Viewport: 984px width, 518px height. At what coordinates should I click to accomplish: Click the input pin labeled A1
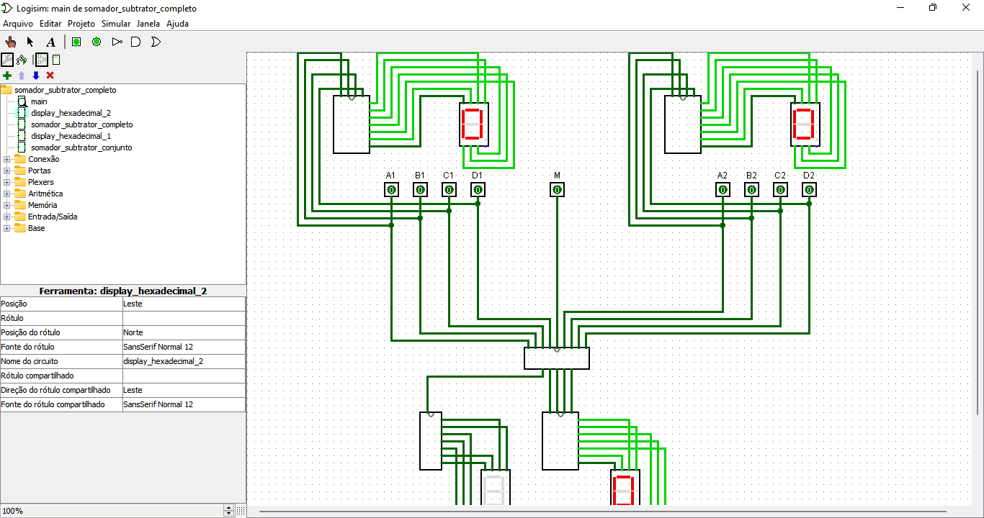point(391,190)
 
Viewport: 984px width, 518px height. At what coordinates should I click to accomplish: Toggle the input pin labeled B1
point(420,190)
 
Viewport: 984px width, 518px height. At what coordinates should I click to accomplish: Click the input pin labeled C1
point(449,190)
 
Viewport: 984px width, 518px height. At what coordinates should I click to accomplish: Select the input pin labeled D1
point(478,190)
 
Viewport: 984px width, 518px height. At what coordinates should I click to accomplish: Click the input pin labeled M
point(557,190)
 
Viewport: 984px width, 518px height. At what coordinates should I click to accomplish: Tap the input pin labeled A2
point(723,190)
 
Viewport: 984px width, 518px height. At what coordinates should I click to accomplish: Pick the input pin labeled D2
point(809,190)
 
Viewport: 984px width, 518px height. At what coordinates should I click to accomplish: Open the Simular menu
point(116,24)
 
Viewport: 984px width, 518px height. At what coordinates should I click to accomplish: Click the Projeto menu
point(81,24)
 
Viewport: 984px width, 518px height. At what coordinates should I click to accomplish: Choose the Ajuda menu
point(177,24)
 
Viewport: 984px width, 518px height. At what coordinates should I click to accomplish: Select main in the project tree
point(38,101)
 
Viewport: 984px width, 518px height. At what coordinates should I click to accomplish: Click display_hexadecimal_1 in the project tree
point(71,136)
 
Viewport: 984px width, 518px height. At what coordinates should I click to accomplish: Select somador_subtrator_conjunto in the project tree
point(81,147)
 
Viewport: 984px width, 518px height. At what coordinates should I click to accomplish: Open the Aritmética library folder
point(45,194)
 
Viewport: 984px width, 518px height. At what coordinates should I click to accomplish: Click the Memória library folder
point(43,205)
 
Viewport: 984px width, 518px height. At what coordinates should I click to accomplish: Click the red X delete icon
point(50,76)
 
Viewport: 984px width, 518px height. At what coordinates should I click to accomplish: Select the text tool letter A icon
point(50,42)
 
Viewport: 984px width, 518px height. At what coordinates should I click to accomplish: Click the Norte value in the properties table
point(133,332)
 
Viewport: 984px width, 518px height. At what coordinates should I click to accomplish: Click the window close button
point(966,8)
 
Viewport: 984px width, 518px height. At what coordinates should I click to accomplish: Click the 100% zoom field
point(112,511)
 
